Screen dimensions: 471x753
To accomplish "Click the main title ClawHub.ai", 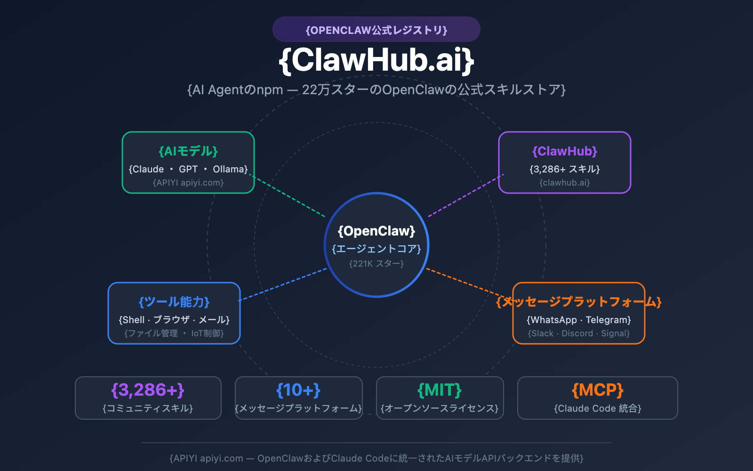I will coord(376,60).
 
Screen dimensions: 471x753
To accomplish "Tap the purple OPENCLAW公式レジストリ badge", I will coord(376,30).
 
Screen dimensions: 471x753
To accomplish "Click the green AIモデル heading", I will coord(188,151).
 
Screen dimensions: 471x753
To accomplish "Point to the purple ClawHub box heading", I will coord(565,151).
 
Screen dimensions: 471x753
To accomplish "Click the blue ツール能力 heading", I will coord(174,302).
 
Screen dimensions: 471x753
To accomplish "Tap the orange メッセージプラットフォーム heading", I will coord(579,302).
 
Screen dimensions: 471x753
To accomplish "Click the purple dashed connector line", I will coord(466,196).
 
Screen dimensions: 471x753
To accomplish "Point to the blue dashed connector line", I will coord(282,284).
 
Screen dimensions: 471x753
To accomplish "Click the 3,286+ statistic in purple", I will coord(148,390).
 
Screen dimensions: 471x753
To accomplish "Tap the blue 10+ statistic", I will coord(298,390).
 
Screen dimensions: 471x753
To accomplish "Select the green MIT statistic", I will coord(440,390).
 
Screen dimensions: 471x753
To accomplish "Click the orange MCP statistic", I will coord(598,390).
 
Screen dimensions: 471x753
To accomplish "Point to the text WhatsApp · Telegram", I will coord(579,320).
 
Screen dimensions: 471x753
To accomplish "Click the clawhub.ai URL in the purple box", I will coord(565,183).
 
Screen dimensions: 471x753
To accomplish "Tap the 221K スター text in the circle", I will coord(376,264).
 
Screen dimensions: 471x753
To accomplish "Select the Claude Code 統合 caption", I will coord(598,408).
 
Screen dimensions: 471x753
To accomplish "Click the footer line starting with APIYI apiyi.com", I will coord(376,458).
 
